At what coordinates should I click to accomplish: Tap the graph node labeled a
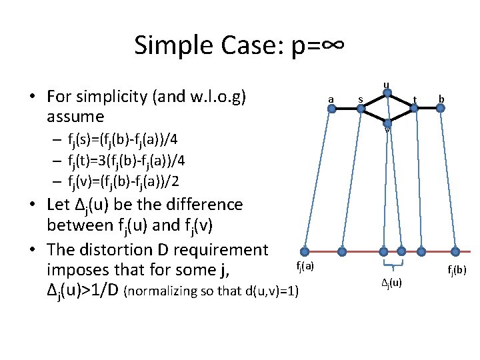pyautogui.click(x=331, y=108)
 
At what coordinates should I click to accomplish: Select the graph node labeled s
pyautogui.click(x=361, y=108)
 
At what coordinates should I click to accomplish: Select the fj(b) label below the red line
pyautogui.click(x=457, y=270)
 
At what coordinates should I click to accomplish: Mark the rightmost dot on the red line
pyautogui.click(x=455, y=252)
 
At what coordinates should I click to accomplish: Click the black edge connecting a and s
pyautogui.click(x=346, y=108)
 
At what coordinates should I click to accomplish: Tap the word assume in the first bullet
pyautogui.click(x=75, y=117)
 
